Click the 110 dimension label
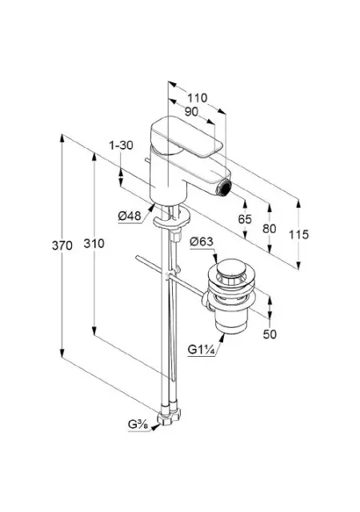pyautogui.click(x=197, y=98)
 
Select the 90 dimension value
pyautogui.click(x=191, y=112)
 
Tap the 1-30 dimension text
pyautogui.click(x=121, y=145)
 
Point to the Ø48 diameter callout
pyautogui.click(x=130, y=216)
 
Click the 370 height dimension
pyautogui.click(x=62, y=245)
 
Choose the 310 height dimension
pyautogui.click(x=94, y=243)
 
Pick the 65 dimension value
pyautogui.click(x=245, y=219)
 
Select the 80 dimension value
pyautogui.click(x=269, y=229)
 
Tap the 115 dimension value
pyautogui.click(x=298, y=234)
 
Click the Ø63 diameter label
pyautogui.click(x=202, y=242)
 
